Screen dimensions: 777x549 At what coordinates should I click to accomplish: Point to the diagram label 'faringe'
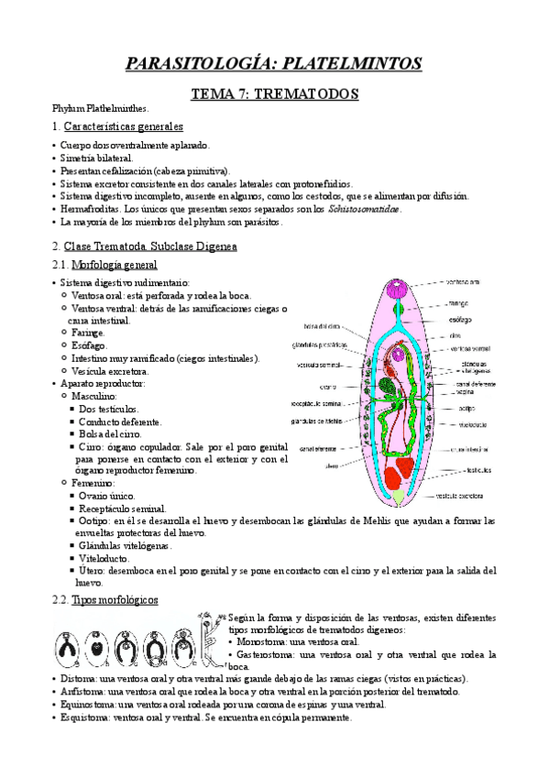[x=459, y=301]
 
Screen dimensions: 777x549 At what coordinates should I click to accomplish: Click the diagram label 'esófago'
[x=461, y=321]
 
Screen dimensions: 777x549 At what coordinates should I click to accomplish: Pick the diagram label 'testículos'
[x=477, y=470]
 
